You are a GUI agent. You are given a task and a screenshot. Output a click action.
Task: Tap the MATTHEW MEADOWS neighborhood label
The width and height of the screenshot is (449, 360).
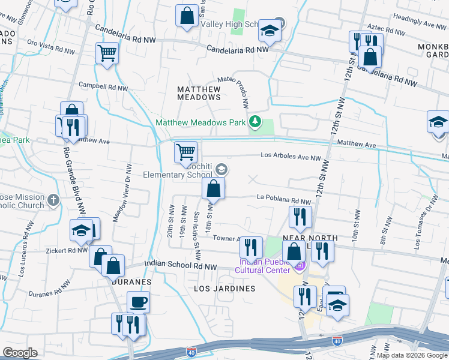[199, 92]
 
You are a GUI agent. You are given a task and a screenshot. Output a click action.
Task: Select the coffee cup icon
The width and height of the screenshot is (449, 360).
[138, 301]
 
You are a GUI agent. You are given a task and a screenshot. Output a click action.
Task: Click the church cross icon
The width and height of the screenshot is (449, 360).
[53, 200]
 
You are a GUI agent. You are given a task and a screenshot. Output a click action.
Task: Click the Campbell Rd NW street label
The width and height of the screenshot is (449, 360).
[103, 88]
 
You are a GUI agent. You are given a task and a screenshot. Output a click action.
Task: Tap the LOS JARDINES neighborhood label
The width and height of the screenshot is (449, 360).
[224, 289]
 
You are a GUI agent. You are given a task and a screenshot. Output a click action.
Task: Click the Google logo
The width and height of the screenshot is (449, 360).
[20, 353]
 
